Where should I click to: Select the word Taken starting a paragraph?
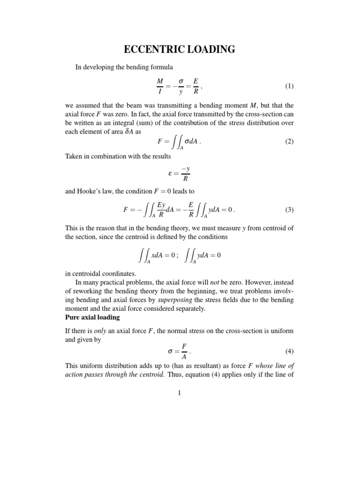click(x=74, y=156)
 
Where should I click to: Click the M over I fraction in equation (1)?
click(x=159, y=86)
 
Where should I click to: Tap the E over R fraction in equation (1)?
click(x=195, y=86)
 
